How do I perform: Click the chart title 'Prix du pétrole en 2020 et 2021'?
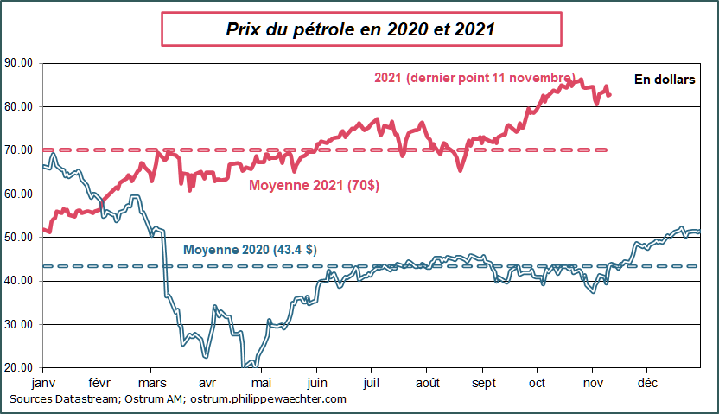coord(360,29)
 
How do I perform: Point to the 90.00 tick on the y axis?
coord(18,62)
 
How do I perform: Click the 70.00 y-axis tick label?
coord(18,150)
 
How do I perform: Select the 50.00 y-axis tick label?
coord(18,237)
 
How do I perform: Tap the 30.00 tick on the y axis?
coord(18,324)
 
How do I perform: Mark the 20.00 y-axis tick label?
coord(18,367)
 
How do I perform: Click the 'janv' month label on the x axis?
coord(42,380)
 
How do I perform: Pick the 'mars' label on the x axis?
coord(152,380)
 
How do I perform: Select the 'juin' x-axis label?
coord(317,380)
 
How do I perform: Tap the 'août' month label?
coord(429,380)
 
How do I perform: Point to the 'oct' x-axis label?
coord(537,380)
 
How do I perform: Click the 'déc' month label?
coord(646,380)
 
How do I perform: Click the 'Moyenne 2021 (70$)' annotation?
coord(314,185)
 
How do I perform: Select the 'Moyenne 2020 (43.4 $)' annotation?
coord(250,250)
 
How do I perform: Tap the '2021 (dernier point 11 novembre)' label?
coord(474,78)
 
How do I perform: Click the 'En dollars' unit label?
coord(665,80)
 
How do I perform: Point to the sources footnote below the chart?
coord(178,398)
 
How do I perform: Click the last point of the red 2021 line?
coord(609,95)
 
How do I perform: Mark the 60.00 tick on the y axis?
coord(18,194)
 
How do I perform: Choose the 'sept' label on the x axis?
coord(483,380)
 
